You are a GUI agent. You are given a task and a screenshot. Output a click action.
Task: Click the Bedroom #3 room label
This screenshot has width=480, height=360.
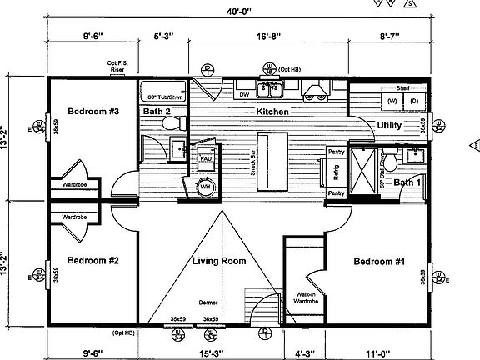(92, 112)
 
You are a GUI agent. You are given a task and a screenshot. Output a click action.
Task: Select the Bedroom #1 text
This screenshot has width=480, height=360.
(378, 262)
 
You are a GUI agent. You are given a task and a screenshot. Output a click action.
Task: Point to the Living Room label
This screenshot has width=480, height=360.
(219, 262)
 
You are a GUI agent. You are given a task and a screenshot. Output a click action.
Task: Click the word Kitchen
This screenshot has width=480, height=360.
(272, 112)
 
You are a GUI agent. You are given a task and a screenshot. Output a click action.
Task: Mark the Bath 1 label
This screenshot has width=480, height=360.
(407, 182)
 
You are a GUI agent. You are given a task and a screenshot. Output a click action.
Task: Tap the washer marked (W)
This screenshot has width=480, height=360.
(391, 102)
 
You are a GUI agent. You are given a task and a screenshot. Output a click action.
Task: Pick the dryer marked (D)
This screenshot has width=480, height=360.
(413, 102)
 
